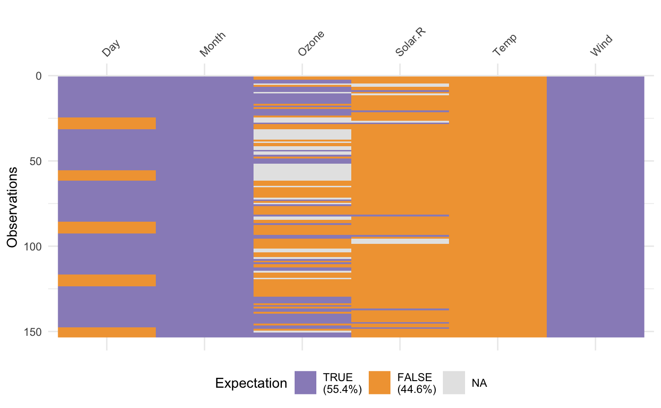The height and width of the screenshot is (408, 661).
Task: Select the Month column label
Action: [x=212, y=45]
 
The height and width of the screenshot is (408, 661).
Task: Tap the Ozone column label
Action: [x=312, y=45]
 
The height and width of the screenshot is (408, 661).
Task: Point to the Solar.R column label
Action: [x=407, y=44]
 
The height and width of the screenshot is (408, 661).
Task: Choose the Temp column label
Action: [x=505, y=45]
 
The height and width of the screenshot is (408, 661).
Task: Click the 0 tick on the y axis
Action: [x=38, y=75]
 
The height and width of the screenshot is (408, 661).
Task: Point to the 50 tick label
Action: [x=35, y=161]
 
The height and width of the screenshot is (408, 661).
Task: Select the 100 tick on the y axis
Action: [x=33, y=246]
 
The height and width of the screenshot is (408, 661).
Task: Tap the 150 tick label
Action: [x=33, y=332]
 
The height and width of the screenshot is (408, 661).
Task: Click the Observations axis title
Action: [x=13, y=207]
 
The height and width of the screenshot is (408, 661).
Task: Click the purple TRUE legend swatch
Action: [x=305, y=383]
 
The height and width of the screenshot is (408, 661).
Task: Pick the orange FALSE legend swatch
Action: [x=380, y=383]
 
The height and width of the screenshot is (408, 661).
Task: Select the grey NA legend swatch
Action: [x=454, y=383]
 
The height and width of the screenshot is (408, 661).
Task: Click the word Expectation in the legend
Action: [x=251, y=383]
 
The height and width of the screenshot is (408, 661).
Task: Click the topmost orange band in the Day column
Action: [x=107, y=123]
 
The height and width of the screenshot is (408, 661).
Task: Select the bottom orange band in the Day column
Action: [x=107, y=332]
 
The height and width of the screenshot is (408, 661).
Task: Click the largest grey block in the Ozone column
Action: [x=302, y=172]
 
